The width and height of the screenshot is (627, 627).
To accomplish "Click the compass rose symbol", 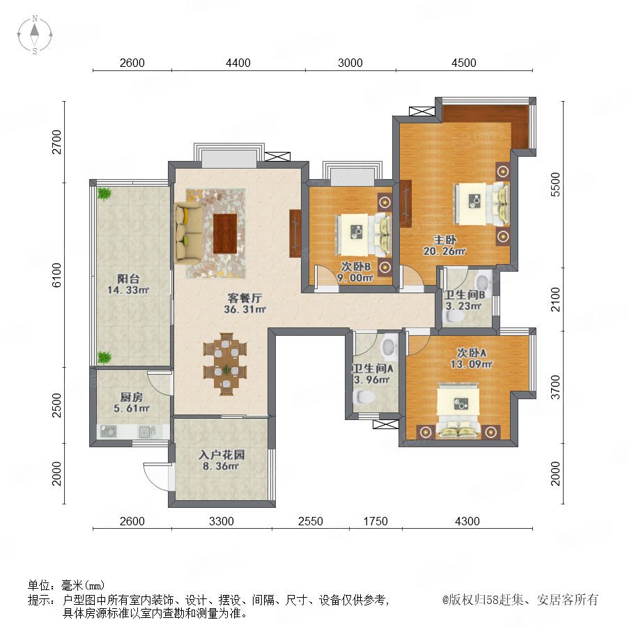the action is tap(35, 35).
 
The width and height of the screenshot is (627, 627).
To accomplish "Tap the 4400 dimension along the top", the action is tap(238, 63).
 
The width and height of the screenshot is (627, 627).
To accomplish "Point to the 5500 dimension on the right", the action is tap(555, 185).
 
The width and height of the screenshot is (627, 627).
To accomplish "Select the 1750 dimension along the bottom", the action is tap(376, 521).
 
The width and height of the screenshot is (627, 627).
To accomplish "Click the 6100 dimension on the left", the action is tap(57, 274).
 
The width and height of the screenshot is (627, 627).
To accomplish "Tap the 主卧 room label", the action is tap(445, 240).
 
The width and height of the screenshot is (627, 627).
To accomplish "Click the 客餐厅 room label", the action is tap(245, 298).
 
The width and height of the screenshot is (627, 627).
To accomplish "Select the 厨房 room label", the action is tap(132, 397).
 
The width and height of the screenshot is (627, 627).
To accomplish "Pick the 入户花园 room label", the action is tap(222, 455).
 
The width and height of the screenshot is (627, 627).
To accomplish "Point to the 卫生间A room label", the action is tap(373, 368).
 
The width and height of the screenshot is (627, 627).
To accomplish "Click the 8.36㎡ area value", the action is tap(221, 466).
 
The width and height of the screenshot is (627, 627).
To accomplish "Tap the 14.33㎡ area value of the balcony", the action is tap(128, 290).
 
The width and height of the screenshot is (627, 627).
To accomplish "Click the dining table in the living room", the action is tap(225, 364).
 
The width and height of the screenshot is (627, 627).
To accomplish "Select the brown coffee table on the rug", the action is tap(225, 233).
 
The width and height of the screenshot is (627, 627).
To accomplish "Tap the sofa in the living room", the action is tap(188, 232).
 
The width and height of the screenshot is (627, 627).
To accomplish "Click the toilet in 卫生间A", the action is tap(364, 397).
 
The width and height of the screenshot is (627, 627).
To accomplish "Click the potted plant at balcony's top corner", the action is tap(104, 194).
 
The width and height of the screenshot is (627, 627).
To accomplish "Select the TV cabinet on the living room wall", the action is tap(295, 233).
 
